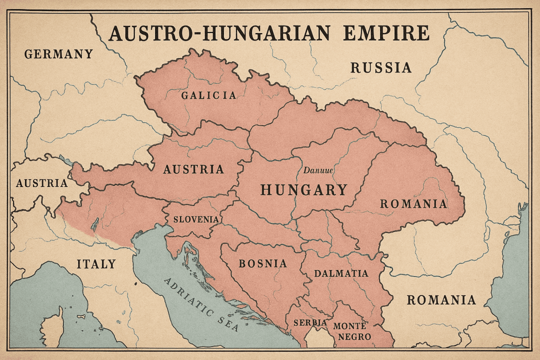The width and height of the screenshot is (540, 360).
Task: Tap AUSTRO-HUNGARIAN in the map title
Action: pyautogui.click(x=219, y=33)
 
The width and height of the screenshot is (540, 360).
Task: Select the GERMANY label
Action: pyautogui.click(x=58, y=54)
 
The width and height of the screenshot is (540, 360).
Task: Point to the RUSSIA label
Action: pyautogui.click(x=380, y=67)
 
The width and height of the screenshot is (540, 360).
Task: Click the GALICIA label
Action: pyautogui.click(x=209, y=95)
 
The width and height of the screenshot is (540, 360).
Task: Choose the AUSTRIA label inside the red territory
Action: pyautogui.click(x=193, y=169)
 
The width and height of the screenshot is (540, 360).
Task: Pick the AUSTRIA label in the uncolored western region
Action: pyautogui.click(x=41, y=183)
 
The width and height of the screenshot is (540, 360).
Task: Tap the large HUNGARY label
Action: pyautogui.click(x=303, y=190)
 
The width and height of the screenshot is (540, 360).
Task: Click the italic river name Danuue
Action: pyautogui.click(x=318, y=170)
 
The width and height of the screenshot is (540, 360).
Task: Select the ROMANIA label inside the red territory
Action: pyautogui.click(x=413, y=204)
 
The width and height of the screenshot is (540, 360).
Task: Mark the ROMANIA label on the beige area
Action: pyautogui.click(x=441, y=300)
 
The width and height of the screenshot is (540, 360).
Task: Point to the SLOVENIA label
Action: pyautogui.click(x=195, y=219)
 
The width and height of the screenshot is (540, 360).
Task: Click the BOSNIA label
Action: pyautogui.click(x=262, y=263)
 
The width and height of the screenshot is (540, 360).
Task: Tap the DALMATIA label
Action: pyautogui.click(x=341, y=273)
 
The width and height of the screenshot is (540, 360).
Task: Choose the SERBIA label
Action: pyautogui.click(x=310, y=323)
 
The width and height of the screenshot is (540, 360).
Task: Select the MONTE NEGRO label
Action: pyautogui.click(x=354, y=330)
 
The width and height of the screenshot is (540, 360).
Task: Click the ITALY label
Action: pyautogui.click(x=96, y=264)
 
